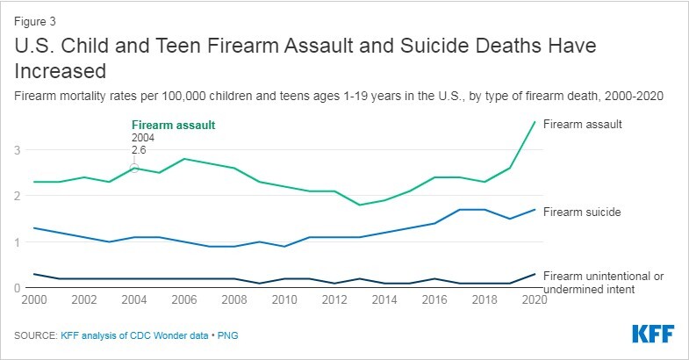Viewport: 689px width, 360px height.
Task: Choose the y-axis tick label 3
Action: coord(16,150)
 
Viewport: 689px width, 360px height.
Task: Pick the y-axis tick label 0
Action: coord(16,287)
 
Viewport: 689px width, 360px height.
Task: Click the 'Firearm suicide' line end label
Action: coord(583,212)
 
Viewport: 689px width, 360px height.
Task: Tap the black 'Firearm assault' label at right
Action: coord(583,125)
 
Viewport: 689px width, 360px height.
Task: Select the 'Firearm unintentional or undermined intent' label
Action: coord(602,282)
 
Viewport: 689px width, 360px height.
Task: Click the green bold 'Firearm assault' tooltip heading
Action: coord(173,125)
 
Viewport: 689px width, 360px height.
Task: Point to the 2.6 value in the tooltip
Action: coord(139,150)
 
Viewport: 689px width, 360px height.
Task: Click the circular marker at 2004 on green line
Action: coord(134,168)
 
